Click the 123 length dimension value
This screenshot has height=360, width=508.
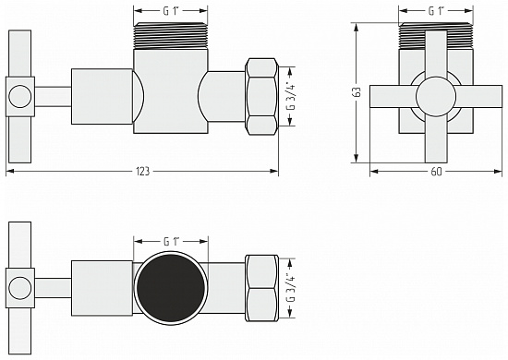(x=143, y=171)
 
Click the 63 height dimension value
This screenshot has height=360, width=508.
(x=357, y=92)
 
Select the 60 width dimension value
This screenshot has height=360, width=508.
(x=436, y=172)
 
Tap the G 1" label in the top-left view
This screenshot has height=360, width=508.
(x=171, y=11)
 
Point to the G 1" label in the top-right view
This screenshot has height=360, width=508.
(x=436, y=11)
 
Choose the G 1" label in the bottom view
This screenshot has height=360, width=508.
(x=172, y=242)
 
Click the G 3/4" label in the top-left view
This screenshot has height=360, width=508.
(x=292, y=97)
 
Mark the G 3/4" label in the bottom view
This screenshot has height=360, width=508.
(x=292, y=288)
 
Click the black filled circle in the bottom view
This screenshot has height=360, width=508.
(x=171, y=288)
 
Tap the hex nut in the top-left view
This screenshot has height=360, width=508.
(x=262, y=97)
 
